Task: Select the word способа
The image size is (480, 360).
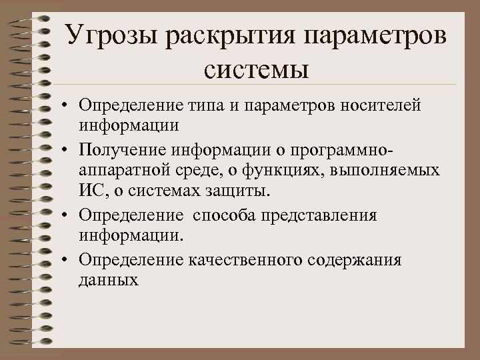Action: (225, 215)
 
